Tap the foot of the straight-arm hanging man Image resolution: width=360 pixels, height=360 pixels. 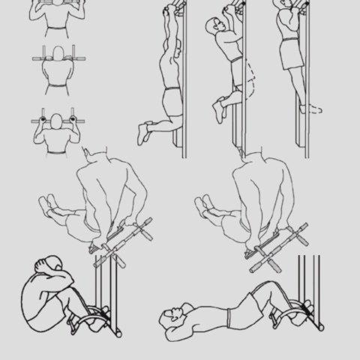pos(143,133)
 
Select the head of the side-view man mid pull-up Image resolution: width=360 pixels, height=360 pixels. pos(213,28)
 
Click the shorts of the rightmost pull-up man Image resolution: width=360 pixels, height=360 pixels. pos(289,54)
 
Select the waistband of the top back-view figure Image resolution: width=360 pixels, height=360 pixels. pos(54,29)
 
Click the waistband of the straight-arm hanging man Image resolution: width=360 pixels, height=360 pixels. pos(172,91)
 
